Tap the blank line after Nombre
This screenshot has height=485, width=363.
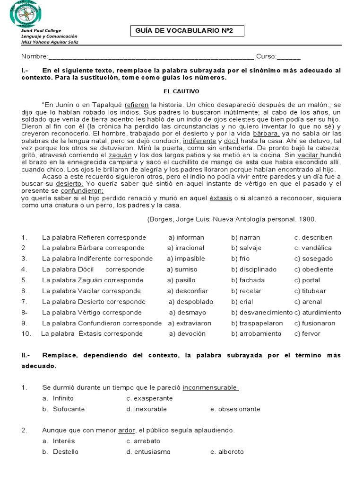pyautogui.click(x=151, y=57)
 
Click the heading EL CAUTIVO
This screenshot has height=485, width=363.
pyautogui.click(x=181, y=91)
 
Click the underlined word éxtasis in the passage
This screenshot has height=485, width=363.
pyautogui.click(x=221, y=198)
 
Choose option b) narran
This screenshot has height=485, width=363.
pyautogui.click(x=245, y=237)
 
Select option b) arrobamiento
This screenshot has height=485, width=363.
pyautogui.click(x=256, y=333)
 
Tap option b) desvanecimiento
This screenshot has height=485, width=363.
pyautogui.click(x=262, y=312)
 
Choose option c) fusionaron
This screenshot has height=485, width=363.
pyautogui.click(x=315, y=323)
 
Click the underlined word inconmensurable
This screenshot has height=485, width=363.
pyautogui.click(x=210, y=387)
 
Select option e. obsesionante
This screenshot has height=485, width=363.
pyautogui.click(x=235, y=409)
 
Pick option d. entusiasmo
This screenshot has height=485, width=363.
pyautogui.click(x=148, y=451)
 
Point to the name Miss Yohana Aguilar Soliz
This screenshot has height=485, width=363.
pyautogui.click(x=50, y=42)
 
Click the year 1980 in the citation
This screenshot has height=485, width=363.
pyautogui.click(x=307, y=219)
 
